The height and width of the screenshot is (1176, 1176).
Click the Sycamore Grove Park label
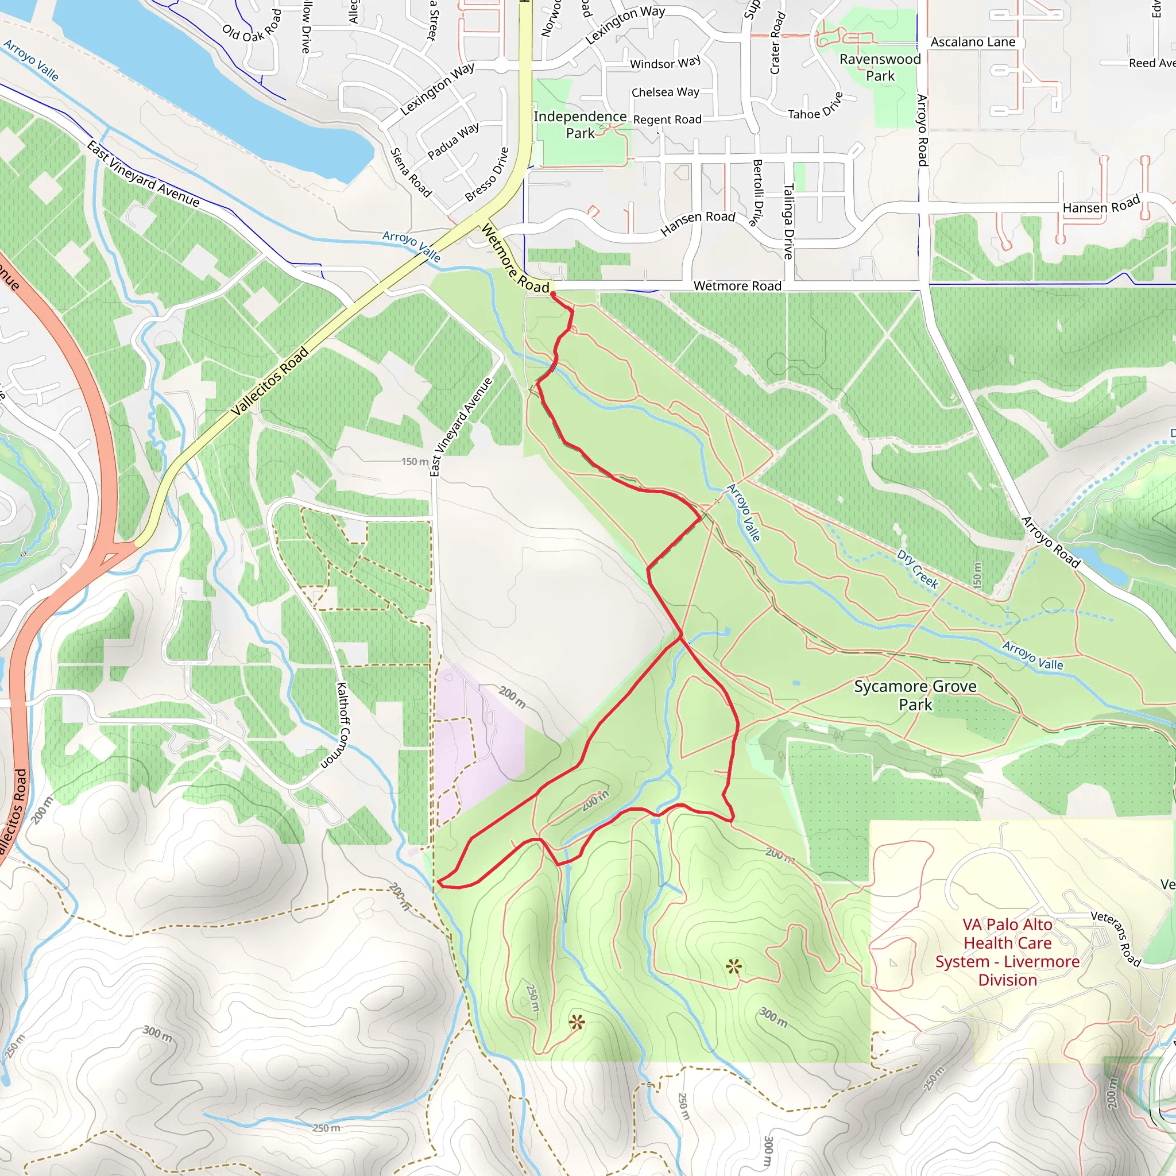915,695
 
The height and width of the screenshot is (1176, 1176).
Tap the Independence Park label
580,125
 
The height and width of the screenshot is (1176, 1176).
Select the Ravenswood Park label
880,68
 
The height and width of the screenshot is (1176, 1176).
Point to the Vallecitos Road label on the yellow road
270,382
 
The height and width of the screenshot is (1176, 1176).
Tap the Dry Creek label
917,568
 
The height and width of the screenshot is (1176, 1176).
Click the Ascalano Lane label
973,42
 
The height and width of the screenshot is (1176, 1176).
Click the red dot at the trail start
553,295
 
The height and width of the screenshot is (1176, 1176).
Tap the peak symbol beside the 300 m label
734,966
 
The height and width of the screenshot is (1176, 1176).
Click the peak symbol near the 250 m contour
577,1022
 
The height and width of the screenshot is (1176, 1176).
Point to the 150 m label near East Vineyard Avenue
415,462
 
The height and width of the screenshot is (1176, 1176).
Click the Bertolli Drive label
758,192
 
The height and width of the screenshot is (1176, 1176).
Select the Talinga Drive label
788,221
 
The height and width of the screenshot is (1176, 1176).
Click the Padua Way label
453,141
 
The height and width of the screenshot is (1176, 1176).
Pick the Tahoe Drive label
815,107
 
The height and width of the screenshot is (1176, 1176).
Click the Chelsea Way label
666,92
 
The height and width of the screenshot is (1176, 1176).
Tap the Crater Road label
777,42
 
